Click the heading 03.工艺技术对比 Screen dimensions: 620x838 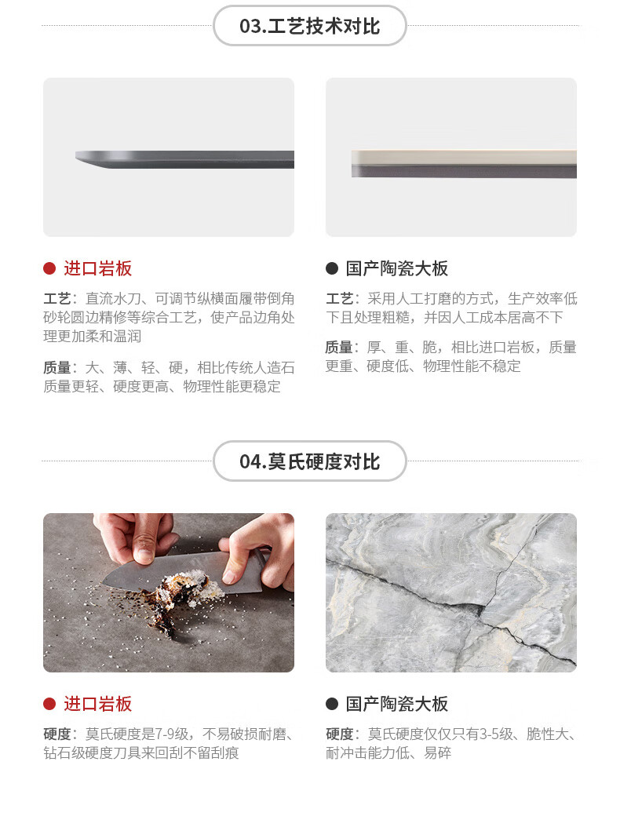click(309, 26)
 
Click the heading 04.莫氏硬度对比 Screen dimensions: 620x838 click(309, 461)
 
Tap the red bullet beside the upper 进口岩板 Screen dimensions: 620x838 click(49, 268)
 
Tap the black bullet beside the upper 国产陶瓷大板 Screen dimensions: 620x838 click(332, 268)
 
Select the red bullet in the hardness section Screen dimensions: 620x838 click(49, 704)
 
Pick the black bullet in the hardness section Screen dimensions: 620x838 click(332, 704)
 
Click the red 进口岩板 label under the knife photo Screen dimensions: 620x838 click(98, 704)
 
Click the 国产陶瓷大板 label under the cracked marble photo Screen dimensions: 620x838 click(397, 704)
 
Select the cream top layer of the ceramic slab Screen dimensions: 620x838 click(464, 157)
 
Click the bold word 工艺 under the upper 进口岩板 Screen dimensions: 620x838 click(57, 298)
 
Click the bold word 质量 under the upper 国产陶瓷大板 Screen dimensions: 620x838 click(339, 348)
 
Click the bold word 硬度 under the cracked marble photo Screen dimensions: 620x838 click(339, 734)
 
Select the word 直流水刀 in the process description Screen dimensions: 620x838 click(113, 298)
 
